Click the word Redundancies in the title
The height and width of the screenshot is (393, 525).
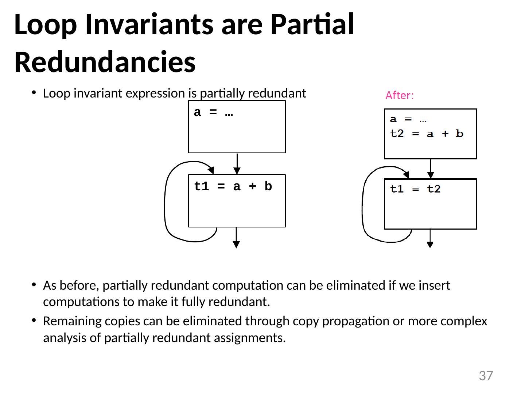(105, 62)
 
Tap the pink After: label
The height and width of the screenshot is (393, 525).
(400, 96)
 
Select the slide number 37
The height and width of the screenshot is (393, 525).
(486, 376)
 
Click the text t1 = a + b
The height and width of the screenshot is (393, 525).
(233, 187)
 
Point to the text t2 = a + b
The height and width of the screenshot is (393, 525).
(427, 134)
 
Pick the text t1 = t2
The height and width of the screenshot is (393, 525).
(415, 189)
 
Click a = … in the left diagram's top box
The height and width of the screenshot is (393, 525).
(214, 113)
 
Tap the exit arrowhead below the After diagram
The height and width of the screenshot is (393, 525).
(430, 245)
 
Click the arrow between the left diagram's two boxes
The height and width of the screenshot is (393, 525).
(237, 164)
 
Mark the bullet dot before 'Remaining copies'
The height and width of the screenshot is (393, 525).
(34, 321)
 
